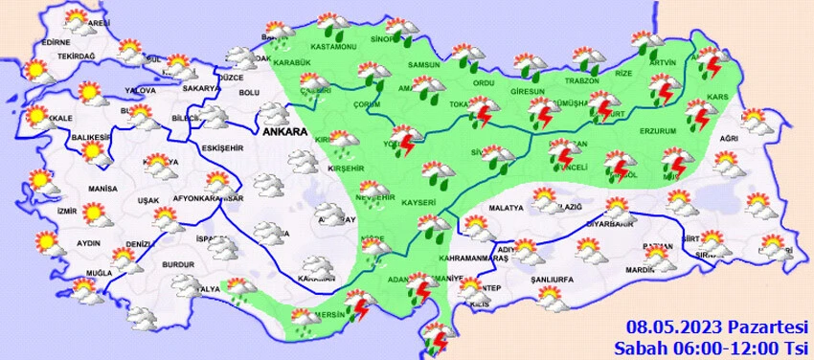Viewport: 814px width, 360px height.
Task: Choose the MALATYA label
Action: [x=505, y=208]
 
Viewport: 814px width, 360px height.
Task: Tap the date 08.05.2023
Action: [x=672, y=327]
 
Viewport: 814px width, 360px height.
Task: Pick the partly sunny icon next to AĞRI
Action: [x=756, y=122]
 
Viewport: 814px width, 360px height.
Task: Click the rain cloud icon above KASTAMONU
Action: [x=331, y=24]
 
